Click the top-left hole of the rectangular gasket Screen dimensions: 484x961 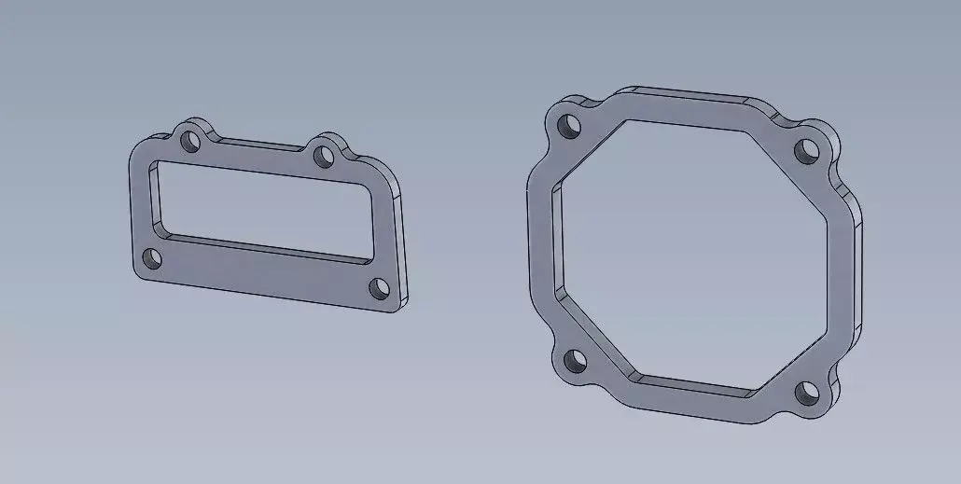pos(191,141)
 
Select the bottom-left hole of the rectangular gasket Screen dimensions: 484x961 pos(151,258)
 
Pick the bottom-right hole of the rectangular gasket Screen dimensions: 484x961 pos(379,287)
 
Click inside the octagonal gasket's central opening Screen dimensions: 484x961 pos(695,252)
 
